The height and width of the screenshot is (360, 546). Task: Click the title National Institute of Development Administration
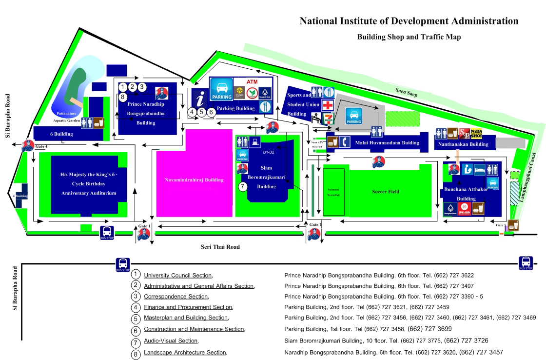409,21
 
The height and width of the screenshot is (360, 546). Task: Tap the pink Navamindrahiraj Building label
194,180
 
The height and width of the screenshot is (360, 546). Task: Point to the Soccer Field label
386,192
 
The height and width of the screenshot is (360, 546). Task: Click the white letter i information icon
199,99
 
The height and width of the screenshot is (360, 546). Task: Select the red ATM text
252,81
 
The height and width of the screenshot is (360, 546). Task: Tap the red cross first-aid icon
328,105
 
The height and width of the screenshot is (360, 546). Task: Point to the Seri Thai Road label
220,247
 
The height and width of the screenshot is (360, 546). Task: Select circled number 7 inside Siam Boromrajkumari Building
243,186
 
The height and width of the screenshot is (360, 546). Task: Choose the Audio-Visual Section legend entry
171,341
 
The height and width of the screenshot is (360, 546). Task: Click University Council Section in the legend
177,276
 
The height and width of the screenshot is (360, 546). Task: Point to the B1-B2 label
269,152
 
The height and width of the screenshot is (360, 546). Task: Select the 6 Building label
61,134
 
